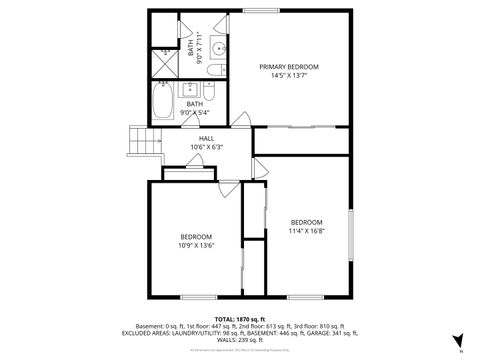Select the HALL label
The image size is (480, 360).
click(206, 139)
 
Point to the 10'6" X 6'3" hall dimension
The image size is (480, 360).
click(206, 148)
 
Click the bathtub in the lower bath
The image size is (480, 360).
click(162, 101)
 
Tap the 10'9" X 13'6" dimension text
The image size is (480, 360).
click(196, 244)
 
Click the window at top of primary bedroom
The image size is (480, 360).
click(262, 11)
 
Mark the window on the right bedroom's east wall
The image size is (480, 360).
click(351, 234)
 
